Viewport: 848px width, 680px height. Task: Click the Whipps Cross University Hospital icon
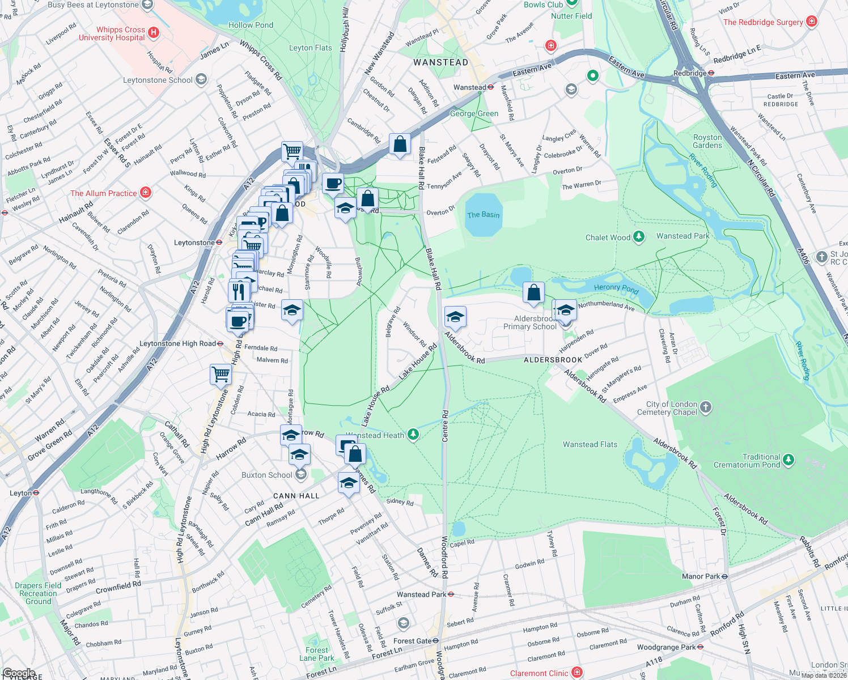pyautogui.click(x=153, y=33)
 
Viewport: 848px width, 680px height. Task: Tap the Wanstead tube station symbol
pyautogui.click(x=490, y=87)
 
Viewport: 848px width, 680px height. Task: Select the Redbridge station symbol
pyautogui.click(x=711, y=73)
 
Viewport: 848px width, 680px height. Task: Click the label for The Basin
pyautogui.click(x=483, y=215)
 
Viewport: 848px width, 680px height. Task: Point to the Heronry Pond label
pyautogui.click(x=616, y=288)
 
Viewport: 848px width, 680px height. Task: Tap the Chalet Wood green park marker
pyautogui.click(x=639, y=237)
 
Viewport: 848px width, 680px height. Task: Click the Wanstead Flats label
pyautogui.click(x=590, y=444)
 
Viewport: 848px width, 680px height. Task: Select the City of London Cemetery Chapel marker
pyautogui.click(x=706, y=407)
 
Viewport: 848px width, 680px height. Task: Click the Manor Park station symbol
pyautogui.click(x=724, y=576)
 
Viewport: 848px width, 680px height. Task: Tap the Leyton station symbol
pyautogui.click(x=36, y=492)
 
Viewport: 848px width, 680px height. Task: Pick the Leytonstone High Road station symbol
pyautogui.click(x=220, y=343)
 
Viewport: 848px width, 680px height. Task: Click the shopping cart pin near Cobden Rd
pyautogui.click(x=221, y=374)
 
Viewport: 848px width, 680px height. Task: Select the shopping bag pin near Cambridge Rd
pyautogui.click(x=400, y=144)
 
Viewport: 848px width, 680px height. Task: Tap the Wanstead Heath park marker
pyautogui.click(x=414, y=435)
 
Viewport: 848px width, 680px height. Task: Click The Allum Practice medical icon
pyautogui.click(x=146, y=193)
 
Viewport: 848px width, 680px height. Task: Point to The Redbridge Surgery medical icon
pyautogui.click(x=812, y=22)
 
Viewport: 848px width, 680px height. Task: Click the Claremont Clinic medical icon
pyautogui.click(x=577, y=673)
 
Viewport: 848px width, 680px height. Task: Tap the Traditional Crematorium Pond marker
pyautogui.click(x=788, y=460)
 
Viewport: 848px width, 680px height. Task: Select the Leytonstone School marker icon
pyautogui.click(x=201, y=80)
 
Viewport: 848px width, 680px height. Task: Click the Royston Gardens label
pyautogui.click(x=707, y=141)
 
